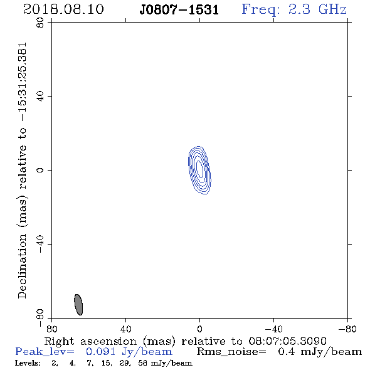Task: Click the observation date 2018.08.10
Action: (63, 9)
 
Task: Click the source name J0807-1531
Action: (179, 10)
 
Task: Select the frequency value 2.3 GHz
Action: (317, 9)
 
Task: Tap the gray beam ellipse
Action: (78, 305)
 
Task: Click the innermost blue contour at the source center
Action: (199, 169)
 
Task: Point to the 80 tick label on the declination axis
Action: (40, 23)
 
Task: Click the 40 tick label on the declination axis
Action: (40, 97)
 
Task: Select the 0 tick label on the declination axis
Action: (40, 170)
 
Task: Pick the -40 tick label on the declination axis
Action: (40, 244)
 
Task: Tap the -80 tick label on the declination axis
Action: (40, 318)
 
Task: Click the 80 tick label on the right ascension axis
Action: (51, 329)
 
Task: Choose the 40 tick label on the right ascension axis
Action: (125, 329)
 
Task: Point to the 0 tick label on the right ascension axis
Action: (199, 329)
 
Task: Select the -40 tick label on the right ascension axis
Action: (273, 329)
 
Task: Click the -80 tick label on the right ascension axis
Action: (347, 329)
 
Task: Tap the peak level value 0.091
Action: (100, 352)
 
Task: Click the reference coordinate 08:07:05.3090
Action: (288, 341)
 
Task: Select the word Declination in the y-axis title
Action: (22, 267)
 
